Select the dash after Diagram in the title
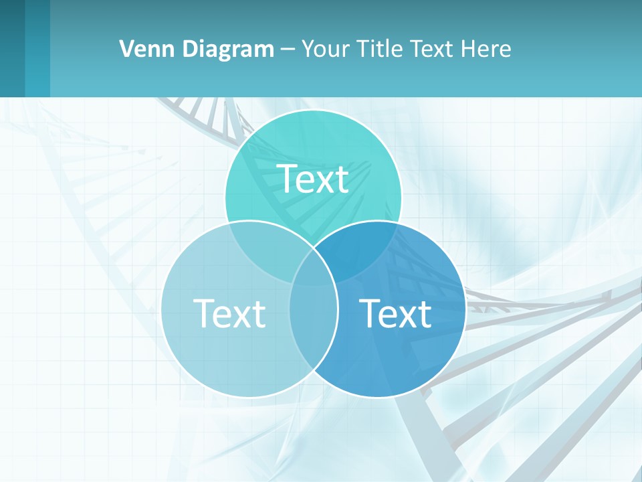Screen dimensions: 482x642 pos(288,50)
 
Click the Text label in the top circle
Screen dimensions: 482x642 pos(313,179)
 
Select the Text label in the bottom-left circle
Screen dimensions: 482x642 pos(229,313)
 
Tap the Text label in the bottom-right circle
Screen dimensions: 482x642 pos(395,313)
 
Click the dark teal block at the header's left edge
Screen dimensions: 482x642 pos(12,48)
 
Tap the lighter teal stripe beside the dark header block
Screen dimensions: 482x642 pos(37,48)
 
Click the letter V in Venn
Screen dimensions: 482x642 pos(126,49)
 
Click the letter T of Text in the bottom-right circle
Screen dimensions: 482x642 pos(370,313)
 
